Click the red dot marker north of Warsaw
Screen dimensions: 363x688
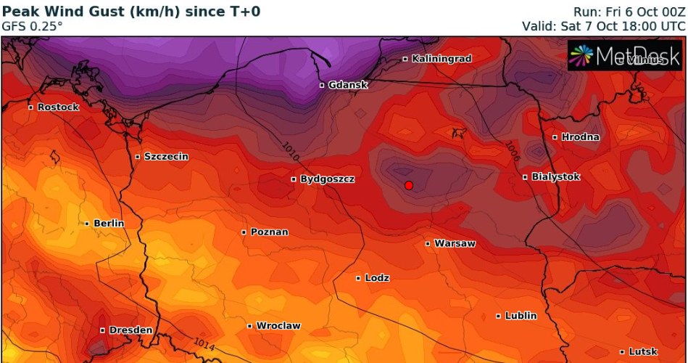(x=409, y=186)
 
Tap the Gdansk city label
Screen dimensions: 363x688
(x=347, y=85)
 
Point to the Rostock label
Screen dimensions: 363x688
(x=57, y=107)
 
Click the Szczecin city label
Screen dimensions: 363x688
(x=166, y=156)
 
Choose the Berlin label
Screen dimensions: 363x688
(x=108, y=224)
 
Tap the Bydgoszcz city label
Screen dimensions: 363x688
(x=327, y=179)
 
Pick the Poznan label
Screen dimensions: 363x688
(x=269, y=232)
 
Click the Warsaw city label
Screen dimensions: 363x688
(x=455, y=244)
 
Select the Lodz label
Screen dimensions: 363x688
(x=377, y=278)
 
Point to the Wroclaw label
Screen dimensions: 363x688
(x=278, y=326)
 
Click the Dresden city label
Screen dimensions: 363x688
(x=130, y=330)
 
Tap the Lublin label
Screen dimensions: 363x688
(x=521, y=316)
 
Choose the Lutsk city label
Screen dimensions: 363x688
(x=642, y=352)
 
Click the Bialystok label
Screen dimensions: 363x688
(x=555, y=176)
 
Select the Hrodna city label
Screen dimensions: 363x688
(x=580, y=136)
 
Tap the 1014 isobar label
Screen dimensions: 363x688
(x=204, y=344)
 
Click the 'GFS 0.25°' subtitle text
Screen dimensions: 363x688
(x=33, y=25)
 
